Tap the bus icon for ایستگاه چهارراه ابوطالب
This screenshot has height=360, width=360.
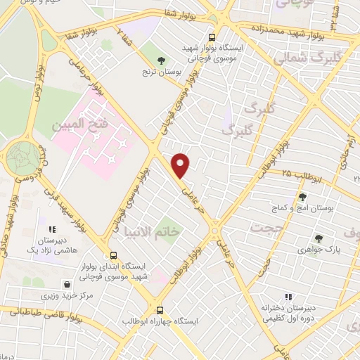[160, 309]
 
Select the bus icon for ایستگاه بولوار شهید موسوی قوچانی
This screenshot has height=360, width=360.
[212, 37]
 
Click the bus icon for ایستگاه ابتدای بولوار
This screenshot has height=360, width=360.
[113, 256]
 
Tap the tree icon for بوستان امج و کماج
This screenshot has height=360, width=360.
[303, 198]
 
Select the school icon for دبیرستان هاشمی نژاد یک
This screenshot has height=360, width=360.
[51, 229]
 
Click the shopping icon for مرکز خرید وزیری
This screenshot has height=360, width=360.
[66, 285]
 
